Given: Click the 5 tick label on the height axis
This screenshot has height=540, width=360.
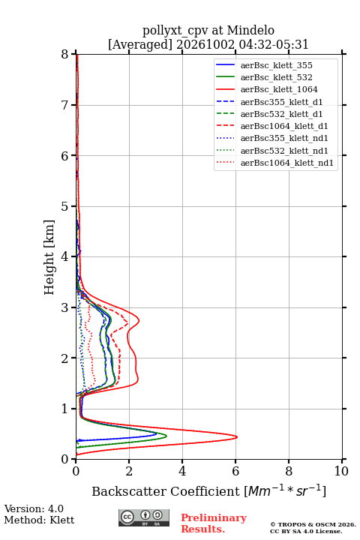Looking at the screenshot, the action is pos(65,206).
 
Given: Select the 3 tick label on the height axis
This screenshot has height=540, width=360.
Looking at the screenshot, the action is pos(65,307).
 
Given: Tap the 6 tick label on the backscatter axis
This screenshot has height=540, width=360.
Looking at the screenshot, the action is pos(235,471).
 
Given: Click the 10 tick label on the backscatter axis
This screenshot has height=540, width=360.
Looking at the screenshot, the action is pos(341,471).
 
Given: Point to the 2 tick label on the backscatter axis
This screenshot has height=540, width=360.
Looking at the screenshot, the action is pos(129,471).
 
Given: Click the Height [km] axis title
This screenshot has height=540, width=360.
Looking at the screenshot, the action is pos(49,257).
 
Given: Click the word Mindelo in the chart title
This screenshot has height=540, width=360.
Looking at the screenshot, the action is pos(250,30).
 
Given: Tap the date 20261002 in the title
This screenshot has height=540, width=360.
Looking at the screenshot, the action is pos(205,44).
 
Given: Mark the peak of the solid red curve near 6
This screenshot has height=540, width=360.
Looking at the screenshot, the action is pos(237,437).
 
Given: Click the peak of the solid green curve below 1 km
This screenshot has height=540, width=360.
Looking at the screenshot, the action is pos(166,436).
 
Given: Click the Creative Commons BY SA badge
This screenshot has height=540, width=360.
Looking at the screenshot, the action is pos(144,518).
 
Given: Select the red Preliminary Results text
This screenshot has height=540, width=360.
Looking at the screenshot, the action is pos(214,523).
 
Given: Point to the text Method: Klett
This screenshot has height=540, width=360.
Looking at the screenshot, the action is pos(39,520).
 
